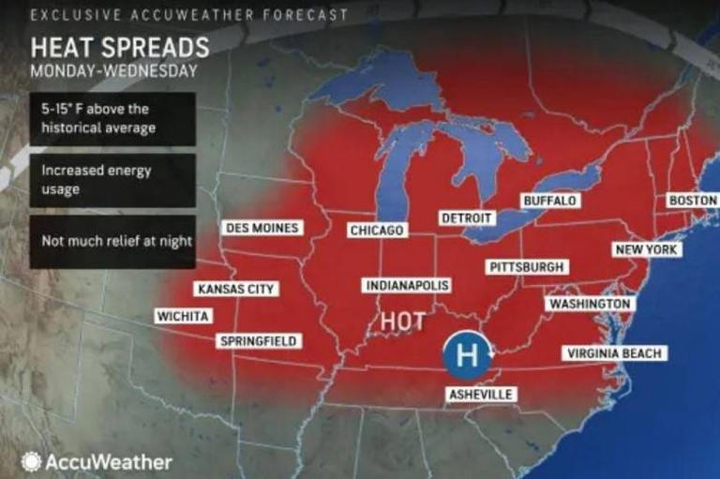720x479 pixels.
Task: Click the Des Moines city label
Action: click(262, 228)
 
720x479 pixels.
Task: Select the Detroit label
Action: click(466, 218)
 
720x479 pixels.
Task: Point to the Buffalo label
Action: click(550, 202)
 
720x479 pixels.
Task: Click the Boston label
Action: click(691, 201)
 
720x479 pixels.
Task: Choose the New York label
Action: click(646, 249)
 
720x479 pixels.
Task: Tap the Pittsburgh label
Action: click(527, 267)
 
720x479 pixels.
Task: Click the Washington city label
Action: click(590, 305)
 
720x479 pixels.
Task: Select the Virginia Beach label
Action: click(614, 353)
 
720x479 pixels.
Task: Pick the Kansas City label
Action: click(235, 290)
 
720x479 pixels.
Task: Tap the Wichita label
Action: click(183, 317)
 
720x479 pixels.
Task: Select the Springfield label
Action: click(259, 341)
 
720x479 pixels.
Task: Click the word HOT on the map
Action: click(402, 322)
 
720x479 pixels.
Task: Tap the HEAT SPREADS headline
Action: click(119, 48)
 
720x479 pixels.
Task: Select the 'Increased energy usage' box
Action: click(112, 180)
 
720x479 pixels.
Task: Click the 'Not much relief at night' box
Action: click(112, 241)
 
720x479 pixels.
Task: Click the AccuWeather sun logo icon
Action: click(32, 462)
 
